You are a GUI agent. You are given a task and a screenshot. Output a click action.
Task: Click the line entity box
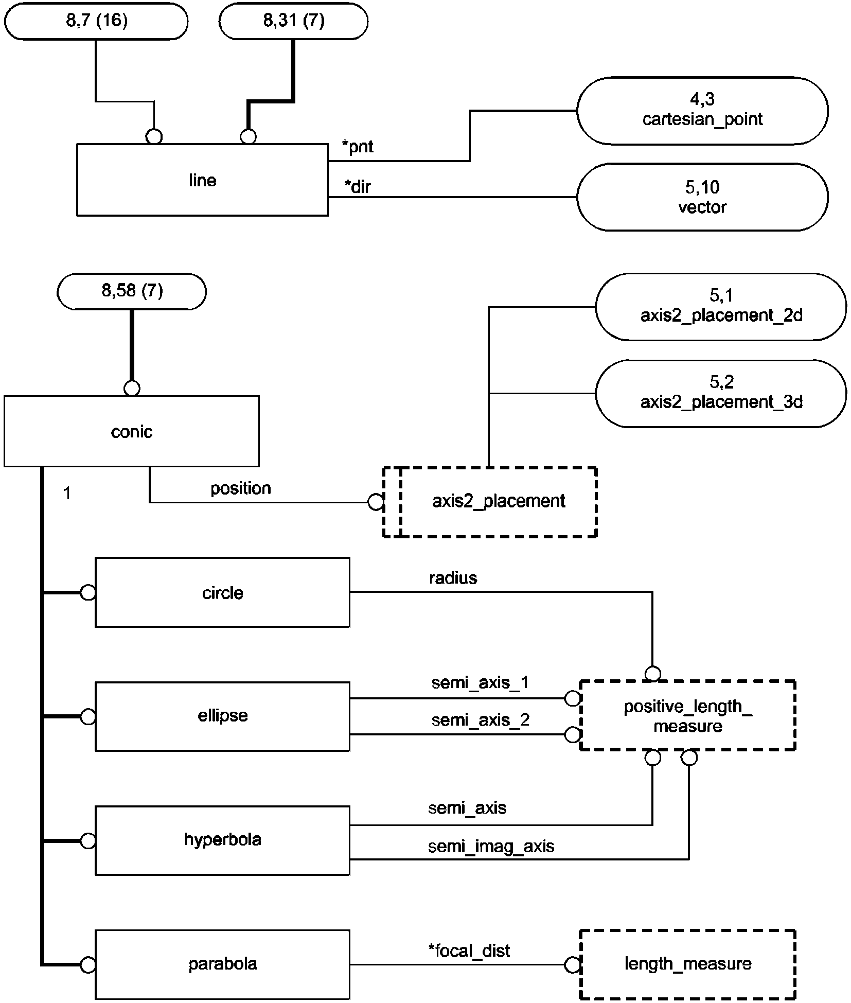coord(202,180)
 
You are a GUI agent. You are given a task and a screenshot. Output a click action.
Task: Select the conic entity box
coord(131,431)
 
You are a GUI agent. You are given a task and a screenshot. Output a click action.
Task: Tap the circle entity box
coord(222,592)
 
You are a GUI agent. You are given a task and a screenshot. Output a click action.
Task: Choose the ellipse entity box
coord(222,716)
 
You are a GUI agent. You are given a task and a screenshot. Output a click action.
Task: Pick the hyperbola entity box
coord(222,840)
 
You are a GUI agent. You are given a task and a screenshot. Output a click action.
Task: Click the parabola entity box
coord(222,963)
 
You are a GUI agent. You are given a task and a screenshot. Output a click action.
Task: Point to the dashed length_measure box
coord(687,963)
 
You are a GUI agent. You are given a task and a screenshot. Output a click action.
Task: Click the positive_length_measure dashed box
coord(687,716)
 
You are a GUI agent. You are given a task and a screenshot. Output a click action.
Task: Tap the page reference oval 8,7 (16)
coord(96,21)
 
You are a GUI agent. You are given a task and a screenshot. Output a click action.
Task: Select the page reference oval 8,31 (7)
coord(293,21)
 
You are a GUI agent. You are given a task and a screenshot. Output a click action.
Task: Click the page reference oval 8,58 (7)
coord(132,291)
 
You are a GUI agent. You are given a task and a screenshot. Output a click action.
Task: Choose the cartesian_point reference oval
coord(702,110)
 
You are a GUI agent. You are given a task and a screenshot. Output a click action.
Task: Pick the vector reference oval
coord(702,197)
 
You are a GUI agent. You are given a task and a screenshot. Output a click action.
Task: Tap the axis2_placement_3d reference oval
coord(721,393)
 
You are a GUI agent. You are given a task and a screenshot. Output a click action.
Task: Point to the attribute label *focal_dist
coord(469,951)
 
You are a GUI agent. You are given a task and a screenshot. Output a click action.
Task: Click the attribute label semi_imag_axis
coord(491,847)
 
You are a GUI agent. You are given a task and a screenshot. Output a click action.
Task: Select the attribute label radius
coord(453,578)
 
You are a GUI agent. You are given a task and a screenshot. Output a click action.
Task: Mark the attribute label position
coord(240,488)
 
